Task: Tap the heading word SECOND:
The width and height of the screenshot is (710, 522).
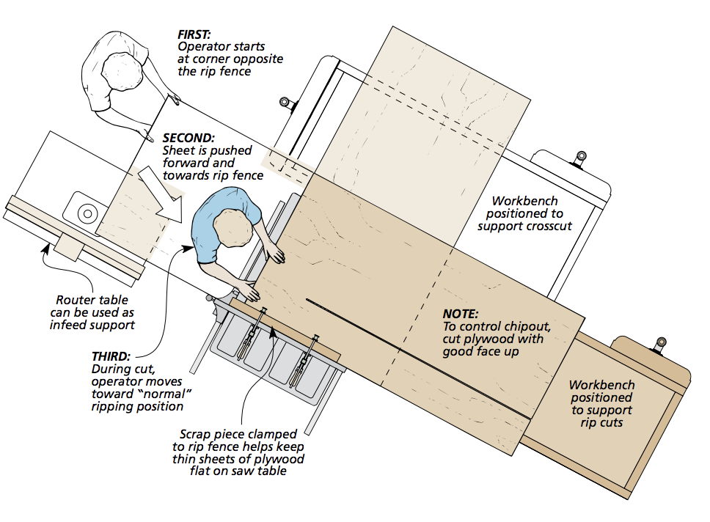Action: click(189, 138)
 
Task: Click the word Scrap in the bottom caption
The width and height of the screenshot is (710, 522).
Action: click(198, 434)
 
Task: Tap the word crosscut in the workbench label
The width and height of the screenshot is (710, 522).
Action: click(546, 226)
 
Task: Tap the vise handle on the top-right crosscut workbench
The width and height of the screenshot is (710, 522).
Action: click(581, 156)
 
